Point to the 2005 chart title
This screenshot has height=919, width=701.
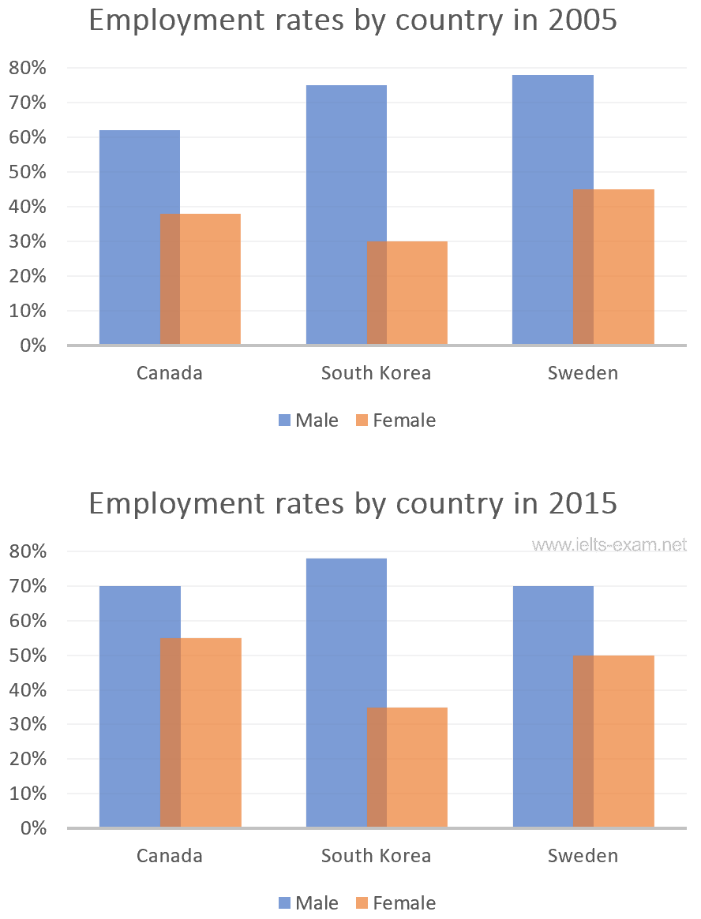[352, 21]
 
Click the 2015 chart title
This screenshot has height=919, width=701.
[352, 503]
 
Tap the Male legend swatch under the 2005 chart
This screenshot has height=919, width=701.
[284, 420]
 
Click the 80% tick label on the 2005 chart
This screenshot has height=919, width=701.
[28, 68]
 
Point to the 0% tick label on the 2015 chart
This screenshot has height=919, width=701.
[32, 828]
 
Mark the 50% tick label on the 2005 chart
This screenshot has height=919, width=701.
[28, 172]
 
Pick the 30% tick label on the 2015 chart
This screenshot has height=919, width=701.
[28, 724]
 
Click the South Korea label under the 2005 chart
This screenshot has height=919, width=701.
[376, 373]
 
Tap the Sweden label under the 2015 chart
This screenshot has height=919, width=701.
[583, 856]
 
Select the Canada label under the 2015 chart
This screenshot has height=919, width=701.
[169, 856]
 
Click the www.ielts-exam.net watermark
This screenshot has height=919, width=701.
[609, 544]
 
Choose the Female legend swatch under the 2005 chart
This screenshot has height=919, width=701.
[362, 420]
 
